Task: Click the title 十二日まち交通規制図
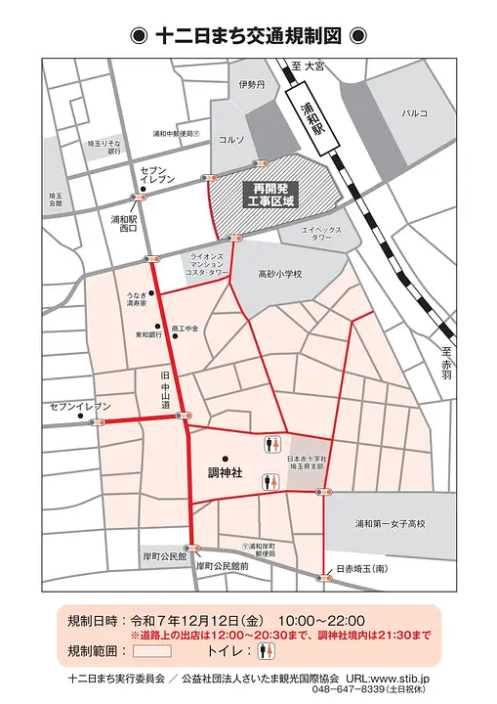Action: pos(248,36)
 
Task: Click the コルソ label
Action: pos(231,139)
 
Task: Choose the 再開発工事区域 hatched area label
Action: pos(274,194)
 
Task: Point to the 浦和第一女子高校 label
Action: pos(390,524)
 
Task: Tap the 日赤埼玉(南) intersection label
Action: pos(362,568)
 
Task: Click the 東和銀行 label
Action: pos(147,334)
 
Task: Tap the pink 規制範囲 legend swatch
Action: pos(151,650)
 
